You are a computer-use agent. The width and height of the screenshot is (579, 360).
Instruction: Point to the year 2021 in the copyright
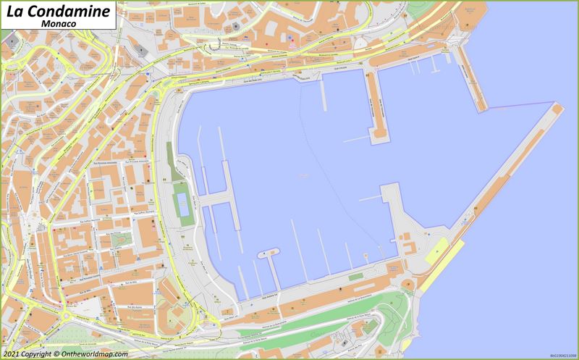(x=12, y=354)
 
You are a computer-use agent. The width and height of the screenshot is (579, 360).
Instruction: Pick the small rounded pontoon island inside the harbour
(x=268, y=253)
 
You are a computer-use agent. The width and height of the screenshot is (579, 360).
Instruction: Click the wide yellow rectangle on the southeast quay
(x=444, y=253)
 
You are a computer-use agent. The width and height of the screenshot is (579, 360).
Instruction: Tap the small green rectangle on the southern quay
(x=355, y=277)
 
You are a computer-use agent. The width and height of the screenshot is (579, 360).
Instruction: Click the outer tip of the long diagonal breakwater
(x=557, y=107)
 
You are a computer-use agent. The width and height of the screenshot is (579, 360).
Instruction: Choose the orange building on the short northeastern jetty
(x=470, y=76)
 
